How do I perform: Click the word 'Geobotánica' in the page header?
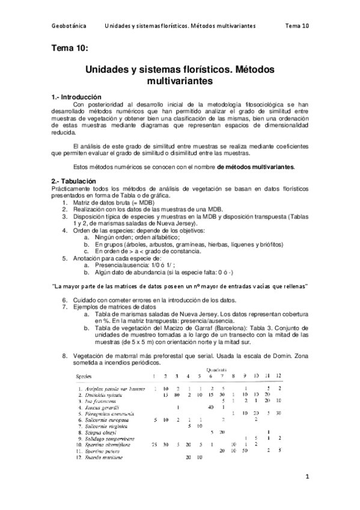(x=69, y=26)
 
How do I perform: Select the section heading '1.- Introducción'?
(x=77, y=97)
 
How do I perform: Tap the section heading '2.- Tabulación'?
(x=73, y=180)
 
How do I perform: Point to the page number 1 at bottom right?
(x=307, y=478)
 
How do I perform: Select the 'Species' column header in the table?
(x=84, y=376)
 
